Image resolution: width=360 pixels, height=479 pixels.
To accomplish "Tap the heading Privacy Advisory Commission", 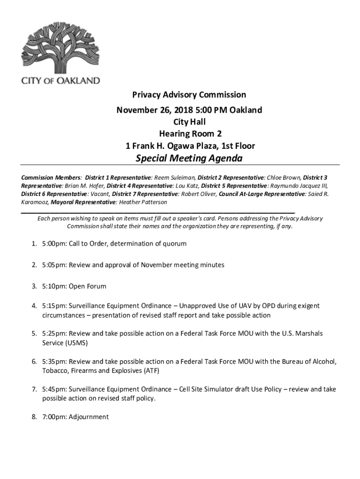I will click(x=189, y=95).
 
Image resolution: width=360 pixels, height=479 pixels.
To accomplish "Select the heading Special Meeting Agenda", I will click(x=189, y=158).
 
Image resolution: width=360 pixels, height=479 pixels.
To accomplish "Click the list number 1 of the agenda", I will click(x=34, y=244).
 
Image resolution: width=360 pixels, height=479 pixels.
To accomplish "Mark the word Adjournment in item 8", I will click(x=88, y=417).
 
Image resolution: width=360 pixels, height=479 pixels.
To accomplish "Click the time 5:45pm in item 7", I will click(x=54, y=389).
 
